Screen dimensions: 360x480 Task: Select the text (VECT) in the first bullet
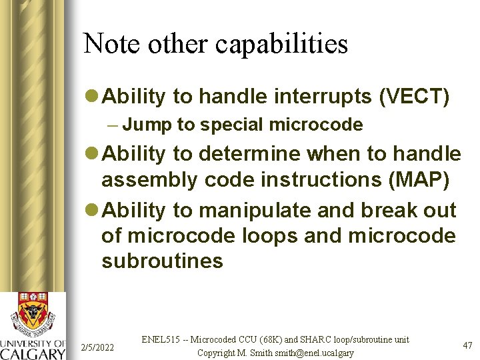click(x=415, y=97)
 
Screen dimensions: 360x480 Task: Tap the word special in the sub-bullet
click(x=233, y=125)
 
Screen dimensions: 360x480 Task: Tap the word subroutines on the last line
click(x=162, y=260)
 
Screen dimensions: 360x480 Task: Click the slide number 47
click(x=467, y=345)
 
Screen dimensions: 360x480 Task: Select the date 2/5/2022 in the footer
click(x=97, y=347)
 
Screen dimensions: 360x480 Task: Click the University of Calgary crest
click(x=33, y=313)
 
